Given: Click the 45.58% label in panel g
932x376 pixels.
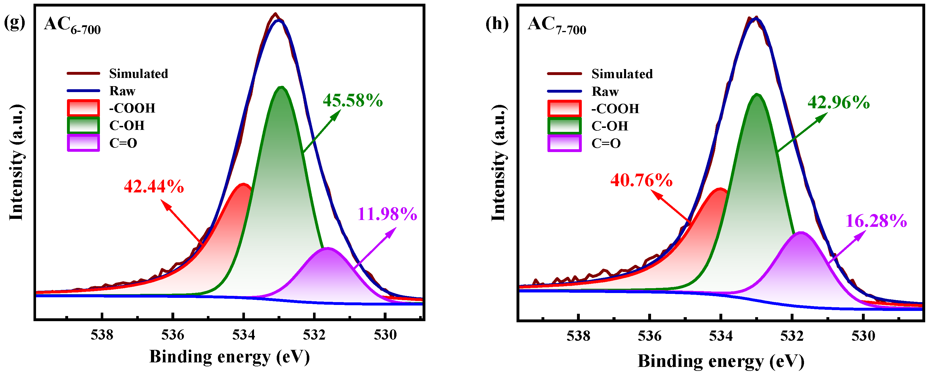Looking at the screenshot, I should [x=353, y=101].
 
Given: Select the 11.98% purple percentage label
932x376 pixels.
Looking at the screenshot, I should [x=387, y=214].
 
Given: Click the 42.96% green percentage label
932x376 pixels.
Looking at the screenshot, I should [x=839, y=103].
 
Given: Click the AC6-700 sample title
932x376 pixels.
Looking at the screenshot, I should [x=72, y=25].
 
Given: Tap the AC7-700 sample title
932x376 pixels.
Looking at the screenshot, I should [x=557, y=25].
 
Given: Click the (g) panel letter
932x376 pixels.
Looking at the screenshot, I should [x=14, y=22].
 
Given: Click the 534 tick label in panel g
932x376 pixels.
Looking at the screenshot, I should [x=244, y=335].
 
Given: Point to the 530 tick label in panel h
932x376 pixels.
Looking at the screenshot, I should [x=863, y=336].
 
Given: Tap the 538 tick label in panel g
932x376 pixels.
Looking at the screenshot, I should [x=102, y=335].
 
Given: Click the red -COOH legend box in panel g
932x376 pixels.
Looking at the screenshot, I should [x=83, y=108].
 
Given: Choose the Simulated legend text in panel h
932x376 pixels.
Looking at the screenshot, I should [x=622, y=74].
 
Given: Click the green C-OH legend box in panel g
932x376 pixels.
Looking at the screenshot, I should [x=83, y=125].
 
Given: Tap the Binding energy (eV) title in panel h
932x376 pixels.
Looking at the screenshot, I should [x=721, y=361].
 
